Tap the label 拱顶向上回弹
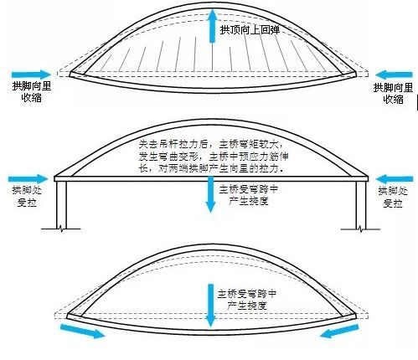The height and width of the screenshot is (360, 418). [249, 30]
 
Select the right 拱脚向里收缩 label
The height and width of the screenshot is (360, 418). [393, 92]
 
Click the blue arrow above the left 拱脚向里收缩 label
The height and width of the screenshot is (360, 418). [31, 73]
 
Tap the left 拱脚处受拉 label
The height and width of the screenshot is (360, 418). [23, 198]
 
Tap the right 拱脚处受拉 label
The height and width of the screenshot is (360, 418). [393, 198]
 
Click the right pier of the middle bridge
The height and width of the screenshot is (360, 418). [361, 205]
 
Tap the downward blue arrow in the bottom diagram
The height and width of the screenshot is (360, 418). [209, 299]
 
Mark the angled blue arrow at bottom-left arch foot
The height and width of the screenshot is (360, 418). [83, 332]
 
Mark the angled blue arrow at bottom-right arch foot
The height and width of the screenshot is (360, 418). [338, 332]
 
